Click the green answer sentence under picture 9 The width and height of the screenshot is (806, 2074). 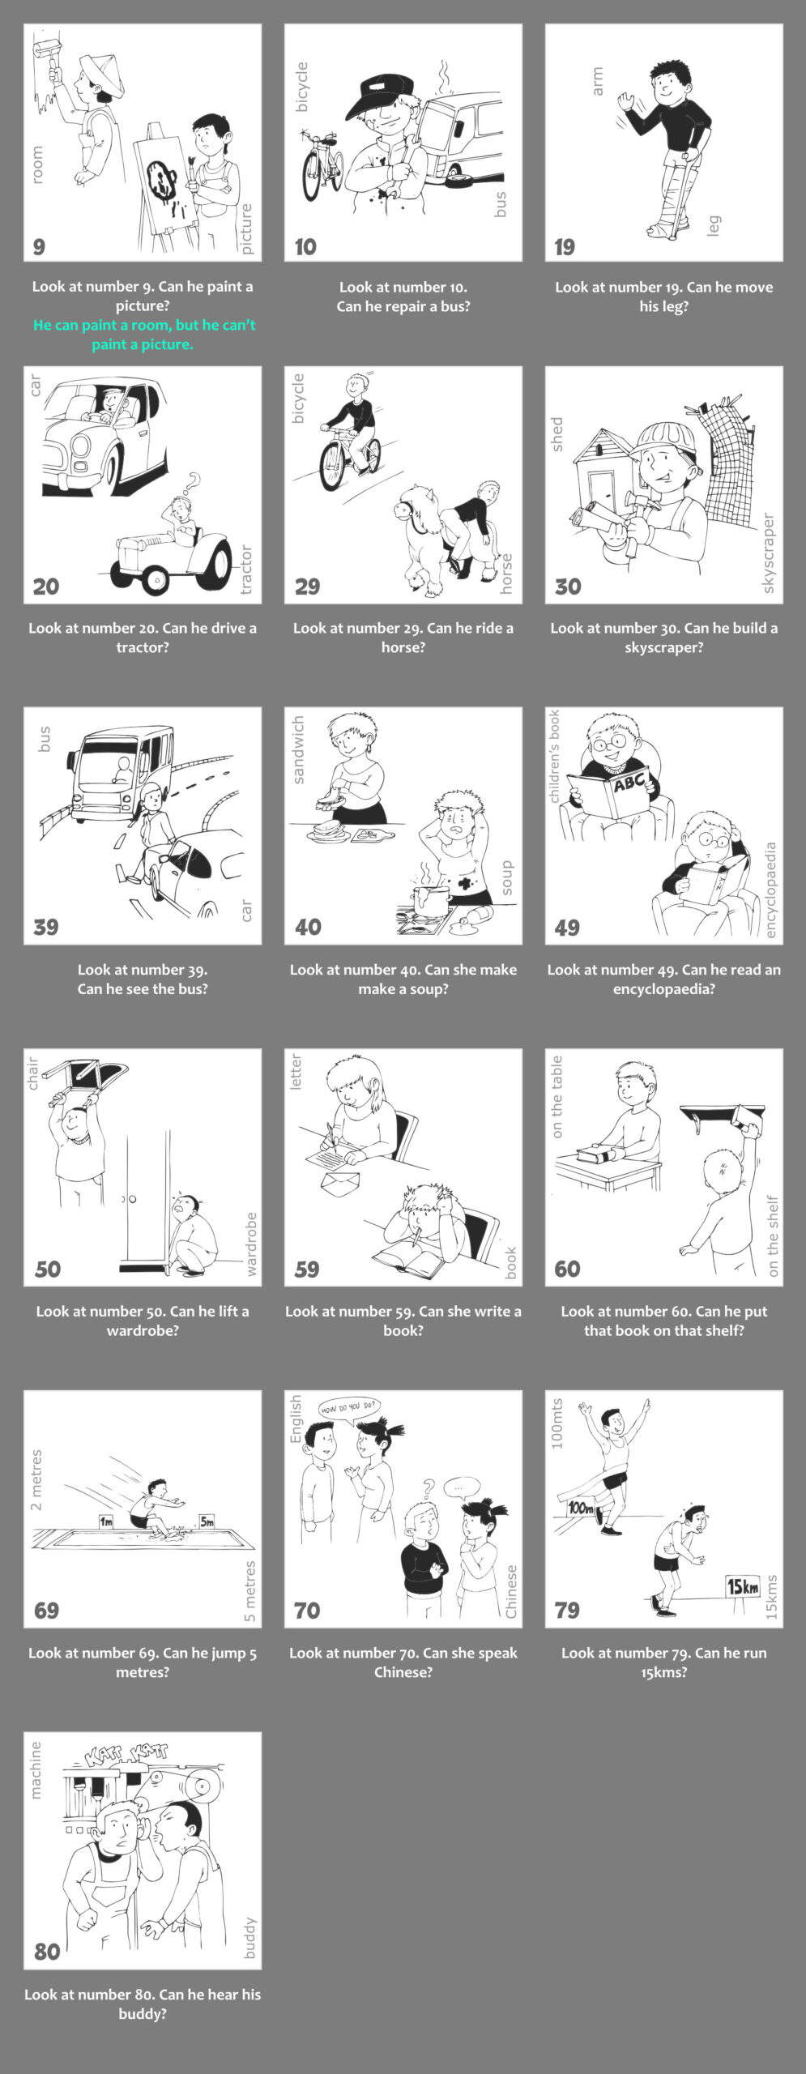point(143,335)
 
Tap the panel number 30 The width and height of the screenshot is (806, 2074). point(568,587)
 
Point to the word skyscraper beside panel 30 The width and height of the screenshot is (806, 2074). point(769,553)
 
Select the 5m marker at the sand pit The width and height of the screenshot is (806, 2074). point(207,1521)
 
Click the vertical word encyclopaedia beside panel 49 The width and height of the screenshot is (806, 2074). point(770,890)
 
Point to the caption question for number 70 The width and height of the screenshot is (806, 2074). point(403,1662)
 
